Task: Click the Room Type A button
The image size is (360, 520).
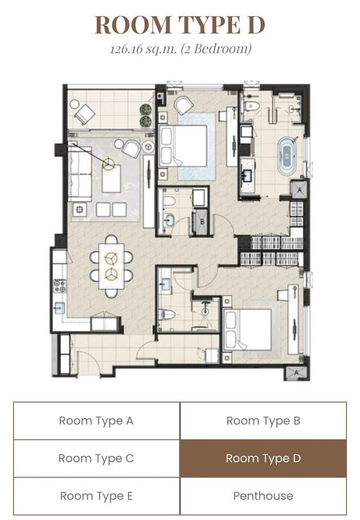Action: pyautogui.click(x=96, y=421)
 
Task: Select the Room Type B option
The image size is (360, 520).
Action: pyautogui.click(x=263, y=421)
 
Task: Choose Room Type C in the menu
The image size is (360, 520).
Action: pyautogui.click(x=96, y=458)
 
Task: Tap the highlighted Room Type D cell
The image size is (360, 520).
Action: pyautogui.click(x=263, y=458)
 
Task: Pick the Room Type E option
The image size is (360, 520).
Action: pyautogui.click(x=96, y=496)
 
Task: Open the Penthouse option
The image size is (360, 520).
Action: pyautogui.click(x=263, y=496)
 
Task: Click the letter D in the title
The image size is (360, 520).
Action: pyautogui.click(x=256, y=25)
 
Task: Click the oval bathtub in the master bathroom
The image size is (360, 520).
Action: pyautogui.click(x=287, y=156)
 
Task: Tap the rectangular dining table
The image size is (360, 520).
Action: pyautogui.click(x=111, y=266)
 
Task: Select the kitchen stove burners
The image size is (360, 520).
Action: pyautogui.click(x=60, y=286)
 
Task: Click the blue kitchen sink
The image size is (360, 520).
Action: pyautogui.click(x=60, y=308)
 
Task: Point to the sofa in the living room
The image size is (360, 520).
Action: pyautogui.click(x=80, y=173)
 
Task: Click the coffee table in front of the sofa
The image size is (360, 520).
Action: pyautogui.click(x=111, y=178)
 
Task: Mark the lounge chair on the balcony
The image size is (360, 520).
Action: pyautogui.click(x=84, y=114)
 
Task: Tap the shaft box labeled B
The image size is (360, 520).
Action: pyautogui.click(x=201, y=222)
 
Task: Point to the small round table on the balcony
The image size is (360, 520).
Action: pyautogui.click(x=74, y=104)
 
